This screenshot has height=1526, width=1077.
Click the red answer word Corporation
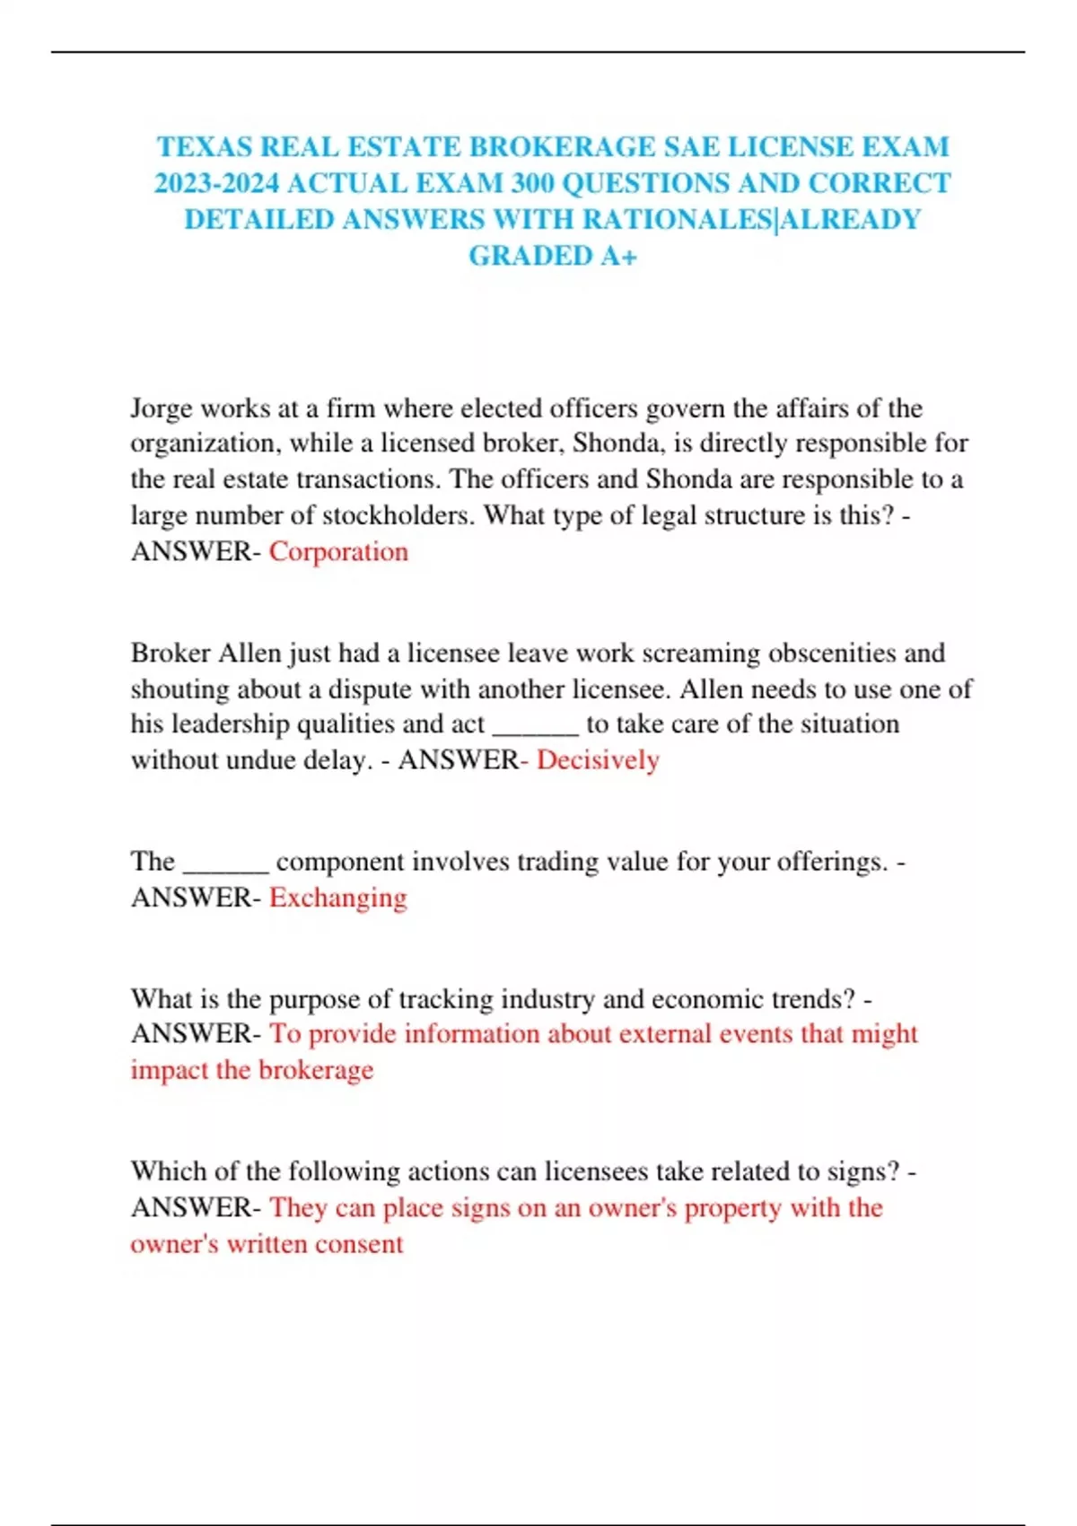[338, 551]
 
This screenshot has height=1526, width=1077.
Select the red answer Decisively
[598, 760]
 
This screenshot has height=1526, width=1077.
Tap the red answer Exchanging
[338, 898]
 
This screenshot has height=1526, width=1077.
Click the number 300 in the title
[532, 183]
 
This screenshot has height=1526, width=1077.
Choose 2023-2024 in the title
[216, 183]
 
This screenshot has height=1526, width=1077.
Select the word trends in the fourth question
[805, 999]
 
